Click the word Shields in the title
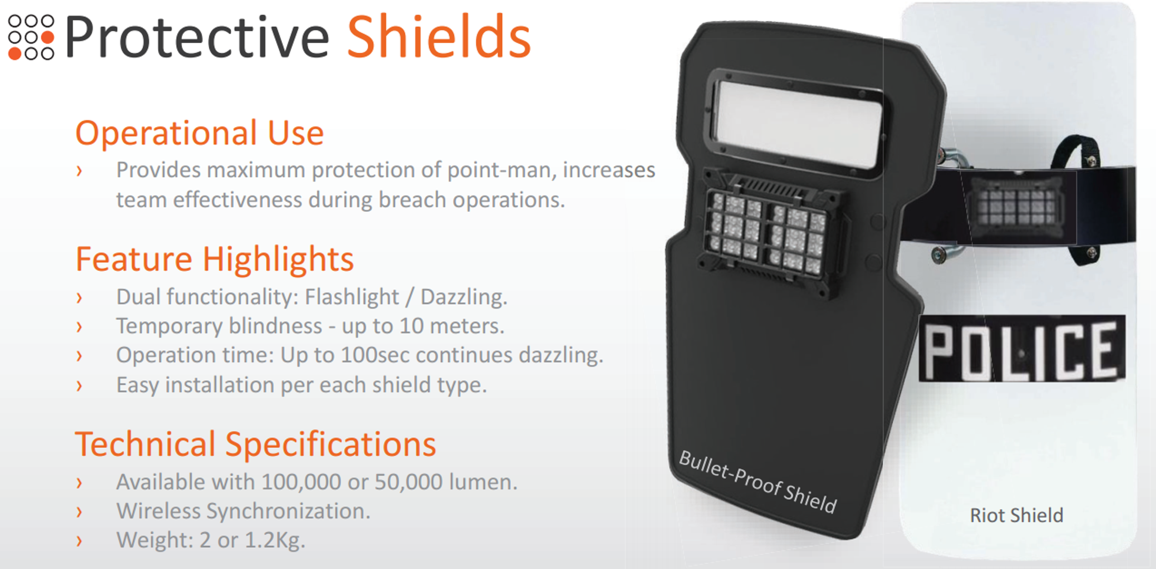tap(439, 37)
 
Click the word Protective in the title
tap(197, 37)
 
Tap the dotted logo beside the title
tap(31, 37)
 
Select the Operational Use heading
tap(199, 133)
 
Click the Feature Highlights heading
tap(215, 259)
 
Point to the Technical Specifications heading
tap(256, 444)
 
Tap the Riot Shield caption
tap(1016, 515)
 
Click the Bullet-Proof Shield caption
tap(757, 482)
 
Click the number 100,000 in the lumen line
tap(299, 482)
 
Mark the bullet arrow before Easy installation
tap(79, 386)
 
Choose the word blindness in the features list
tap(275, 326)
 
